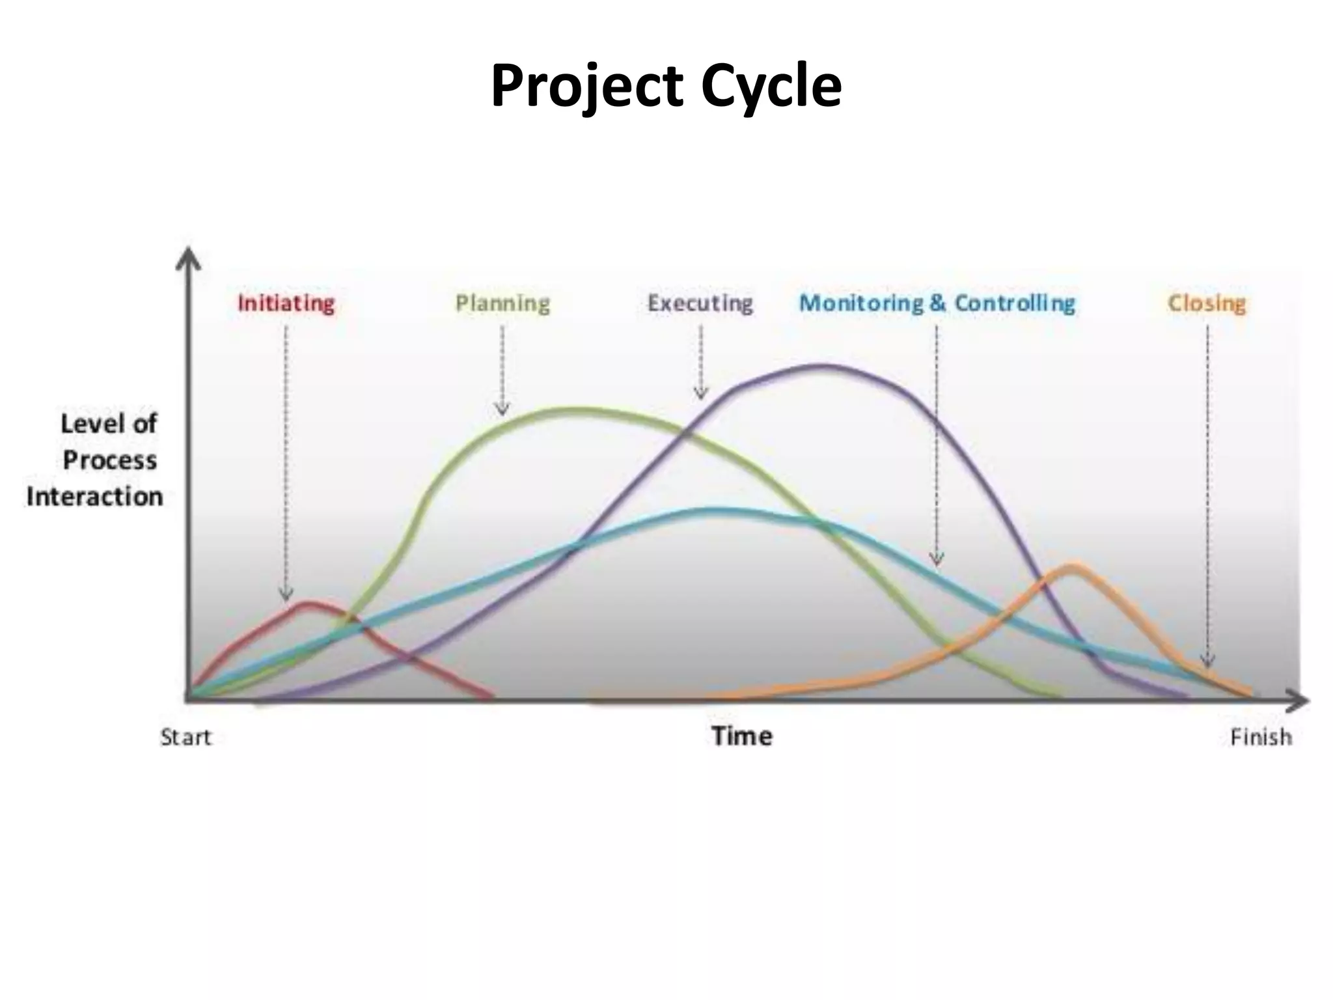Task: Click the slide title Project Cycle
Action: [x=666, y=87]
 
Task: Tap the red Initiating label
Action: [x=286, y=304]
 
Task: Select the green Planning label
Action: [x=502, y=304]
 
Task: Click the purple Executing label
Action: [x=700, y=304]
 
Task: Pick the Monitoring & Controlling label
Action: [x=937, y=304]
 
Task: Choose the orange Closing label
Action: [x=1206, y=304]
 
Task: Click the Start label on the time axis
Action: [x=186, y=738]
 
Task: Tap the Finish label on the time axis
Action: [x=1261, y=738]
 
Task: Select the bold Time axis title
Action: [x=742, y=736]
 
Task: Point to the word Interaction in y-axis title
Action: [x=95, y=497]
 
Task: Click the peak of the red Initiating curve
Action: [x=306, y=604]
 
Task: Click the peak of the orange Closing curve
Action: [x=1071, y=565]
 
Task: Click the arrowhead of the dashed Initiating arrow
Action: [x=286, y=596]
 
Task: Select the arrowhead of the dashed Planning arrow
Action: [x=502, y=410]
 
